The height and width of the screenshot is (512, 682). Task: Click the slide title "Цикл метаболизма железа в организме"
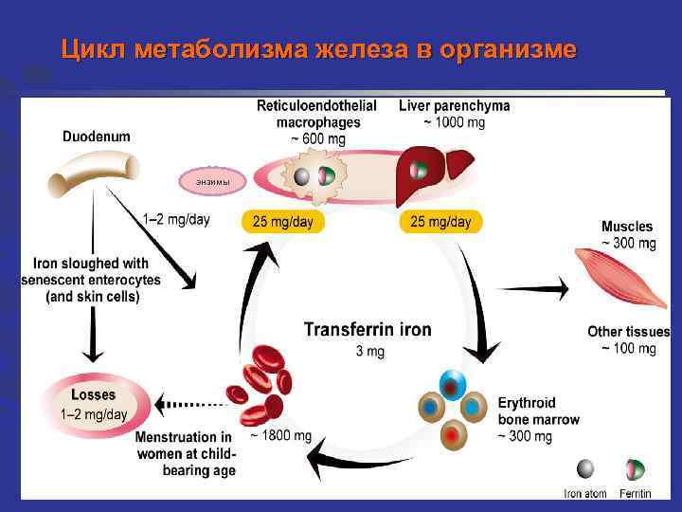[317, 49]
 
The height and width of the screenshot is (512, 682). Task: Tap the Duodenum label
[97, 137]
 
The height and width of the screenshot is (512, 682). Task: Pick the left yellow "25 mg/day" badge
[282, 222]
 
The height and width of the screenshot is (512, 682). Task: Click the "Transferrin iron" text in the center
[368, 330]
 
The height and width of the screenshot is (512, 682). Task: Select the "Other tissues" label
[628, 332]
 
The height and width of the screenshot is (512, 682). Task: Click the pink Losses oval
[94, 404]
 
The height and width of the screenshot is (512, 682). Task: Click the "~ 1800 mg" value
[280, 436]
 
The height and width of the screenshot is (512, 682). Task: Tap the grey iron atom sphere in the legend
[585, 469]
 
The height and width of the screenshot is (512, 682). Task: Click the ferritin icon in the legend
[634, 469]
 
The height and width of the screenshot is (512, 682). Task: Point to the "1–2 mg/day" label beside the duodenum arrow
[176, 220]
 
